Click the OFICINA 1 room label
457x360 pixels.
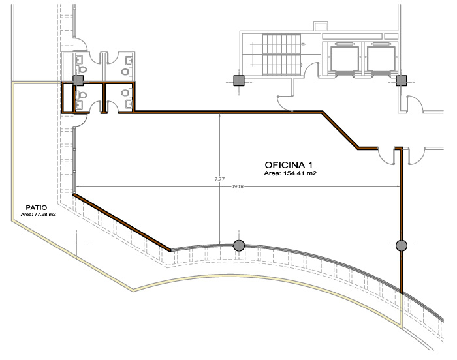coord(289,165)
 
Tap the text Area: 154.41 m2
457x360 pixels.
coord(291,173)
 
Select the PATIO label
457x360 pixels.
coord(37,207)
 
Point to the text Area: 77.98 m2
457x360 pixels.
coord(38,215)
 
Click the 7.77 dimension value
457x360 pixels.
coord(220,179)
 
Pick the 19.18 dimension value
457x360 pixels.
coord(238,187)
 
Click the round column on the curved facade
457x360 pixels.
coord(239,245)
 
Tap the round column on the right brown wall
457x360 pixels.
coord(402,245)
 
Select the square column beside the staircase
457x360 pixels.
coord(239,81)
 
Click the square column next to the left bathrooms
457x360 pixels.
coord(78,81)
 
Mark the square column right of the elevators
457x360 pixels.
coord(402,81)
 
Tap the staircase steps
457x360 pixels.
coord(281,54)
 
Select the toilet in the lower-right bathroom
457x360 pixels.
coord(127,93)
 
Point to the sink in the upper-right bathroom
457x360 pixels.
coord(129,61)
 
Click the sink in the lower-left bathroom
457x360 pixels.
coord(80,104)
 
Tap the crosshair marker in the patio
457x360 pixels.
coord(76,245)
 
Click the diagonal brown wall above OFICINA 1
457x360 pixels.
coord(340,130)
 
